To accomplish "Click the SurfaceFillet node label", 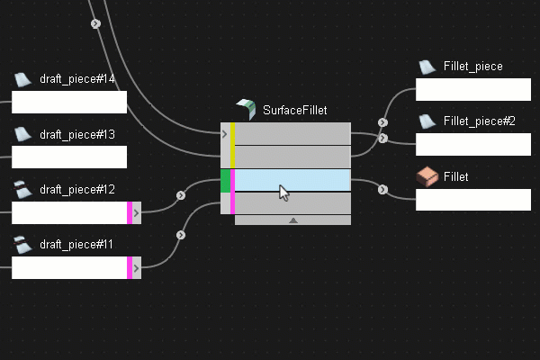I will [294, 111].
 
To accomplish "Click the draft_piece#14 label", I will [77, 79].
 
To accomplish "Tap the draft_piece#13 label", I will [77, 135].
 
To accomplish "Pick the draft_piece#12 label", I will [77, 190].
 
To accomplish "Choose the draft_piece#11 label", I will [77, 245].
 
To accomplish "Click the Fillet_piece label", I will [472, 67].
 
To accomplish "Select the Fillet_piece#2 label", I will [479, 121].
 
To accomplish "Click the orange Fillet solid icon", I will [427, 177].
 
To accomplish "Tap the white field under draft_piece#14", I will [68, 102].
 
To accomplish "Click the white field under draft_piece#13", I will [68, 157].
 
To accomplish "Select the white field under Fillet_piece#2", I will [473, 144].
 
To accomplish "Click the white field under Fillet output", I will [473, 200].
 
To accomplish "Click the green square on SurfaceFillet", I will [225, 180].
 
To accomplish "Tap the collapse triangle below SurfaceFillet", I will [292, 220].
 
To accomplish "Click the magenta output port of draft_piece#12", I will [130, 212].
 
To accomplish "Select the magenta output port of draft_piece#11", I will [130, 267].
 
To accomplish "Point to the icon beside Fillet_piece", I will [427, 67].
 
